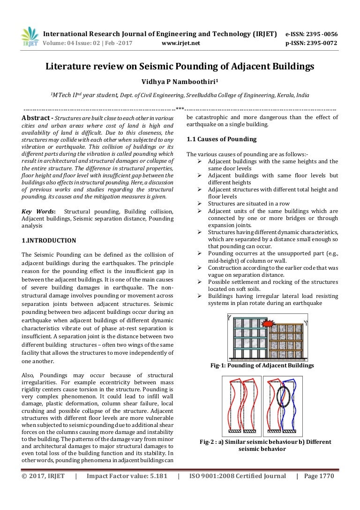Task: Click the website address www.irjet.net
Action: point(180,43)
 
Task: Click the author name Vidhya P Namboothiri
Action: point(180,82)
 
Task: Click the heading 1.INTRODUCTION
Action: point(49,241)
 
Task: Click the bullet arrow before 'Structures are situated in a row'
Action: point(199,204)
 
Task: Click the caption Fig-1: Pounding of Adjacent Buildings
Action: point(262,365)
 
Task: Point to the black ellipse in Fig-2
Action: point(283,396)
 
